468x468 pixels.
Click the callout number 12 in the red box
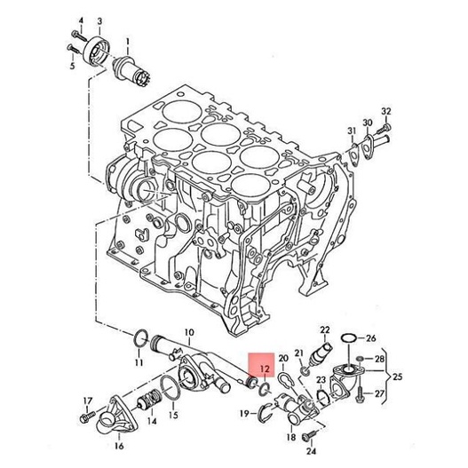[x=265, y=369]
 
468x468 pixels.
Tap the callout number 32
[x=386, y=111]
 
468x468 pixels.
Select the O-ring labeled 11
[x=141, y=338]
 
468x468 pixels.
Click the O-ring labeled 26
[x=348, y=338]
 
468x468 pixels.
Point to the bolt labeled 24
[x=308, y=436]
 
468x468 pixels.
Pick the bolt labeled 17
[x=87, y=416]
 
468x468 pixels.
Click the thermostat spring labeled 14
[x=148, y=401]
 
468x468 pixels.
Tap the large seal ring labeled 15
[x=170, y=388]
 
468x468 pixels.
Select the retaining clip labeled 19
[x=265, y=413]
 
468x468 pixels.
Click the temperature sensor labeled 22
[x=321, y=353]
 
